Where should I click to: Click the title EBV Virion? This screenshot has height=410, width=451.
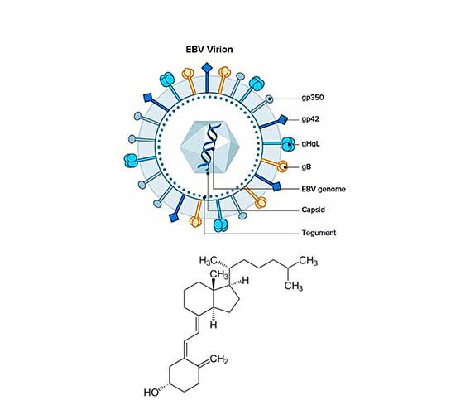click(209, 50)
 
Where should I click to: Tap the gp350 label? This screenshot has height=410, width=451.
click(313, 97)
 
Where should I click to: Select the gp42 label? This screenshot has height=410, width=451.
click(310, 119)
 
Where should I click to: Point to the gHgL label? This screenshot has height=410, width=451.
click(310, 143)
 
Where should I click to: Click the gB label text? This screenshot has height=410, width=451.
click(306, 166)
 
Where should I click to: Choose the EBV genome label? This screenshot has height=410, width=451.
click(324, 189)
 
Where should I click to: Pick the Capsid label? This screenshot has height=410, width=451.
click(314, 210)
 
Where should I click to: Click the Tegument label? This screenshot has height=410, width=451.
click(319, 233)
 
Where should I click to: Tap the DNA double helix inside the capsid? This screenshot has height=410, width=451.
click(210, 147)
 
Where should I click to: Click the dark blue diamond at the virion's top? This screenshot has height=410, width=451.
click(207, 69)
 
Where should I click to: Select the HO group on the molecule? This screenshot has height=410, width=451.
click(151, 392)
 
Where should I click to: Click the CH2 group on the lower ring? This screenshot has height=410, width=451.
click(219, 359)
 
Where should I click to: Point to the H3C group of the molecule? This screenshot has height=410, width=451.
click(209, 261)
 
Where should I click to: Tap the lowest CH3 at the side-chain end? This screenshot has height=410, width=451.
click(294, 287)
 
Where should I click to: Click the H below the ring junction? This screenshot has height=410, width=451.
click(214, 325)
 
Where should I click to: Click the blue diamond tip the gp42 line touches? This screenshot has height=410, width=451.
click(283, 119)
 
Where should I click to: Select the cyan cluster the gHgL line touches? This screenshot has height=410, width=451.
click(288, 144)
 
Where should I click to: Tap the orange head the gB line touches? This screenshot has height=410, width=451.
click(283, 166)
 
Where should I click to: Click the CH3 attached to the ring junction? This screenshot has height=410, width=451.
click(219, 274)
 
